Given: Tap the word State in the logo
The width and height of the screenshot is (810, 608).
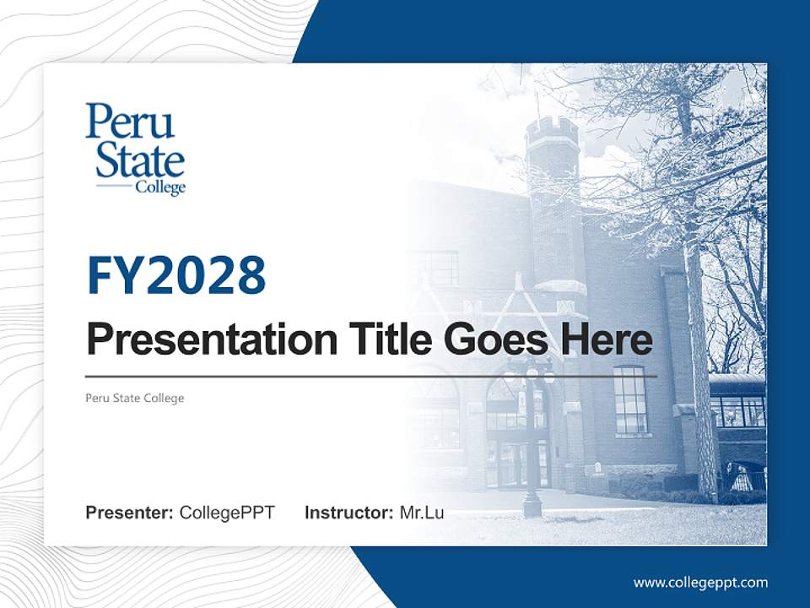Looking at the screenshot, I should (x=140, y=159).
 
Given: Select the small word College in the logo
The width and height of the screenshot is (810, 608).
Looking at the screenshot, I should (x=160, y=187).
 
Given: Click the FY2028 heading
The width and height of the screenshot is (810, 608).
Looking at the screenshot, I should (x=176, y=275).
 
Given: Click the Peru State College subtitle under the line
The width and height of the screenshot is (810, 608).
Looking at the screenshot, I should (x=135, y=398).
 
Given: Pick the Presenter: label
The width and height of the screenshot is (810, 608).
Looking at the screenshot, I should (x=130, y=513).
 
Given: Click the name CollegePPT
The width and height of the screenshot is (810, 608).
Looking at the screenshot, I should (x=227, y=513).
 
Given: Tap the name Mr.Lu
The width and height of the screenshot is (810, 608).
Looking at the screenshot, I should (x=422, y=513).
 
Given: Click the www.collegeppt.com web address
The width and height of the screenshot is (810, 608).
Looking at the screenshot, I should (x=700, y=582).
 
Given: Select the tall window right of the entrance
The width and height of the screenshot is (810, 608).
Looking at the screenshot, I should (x=629, y=399).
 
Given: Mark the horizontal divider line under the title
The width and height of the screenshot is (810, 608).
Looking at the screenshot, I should (x=371, y=375).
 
